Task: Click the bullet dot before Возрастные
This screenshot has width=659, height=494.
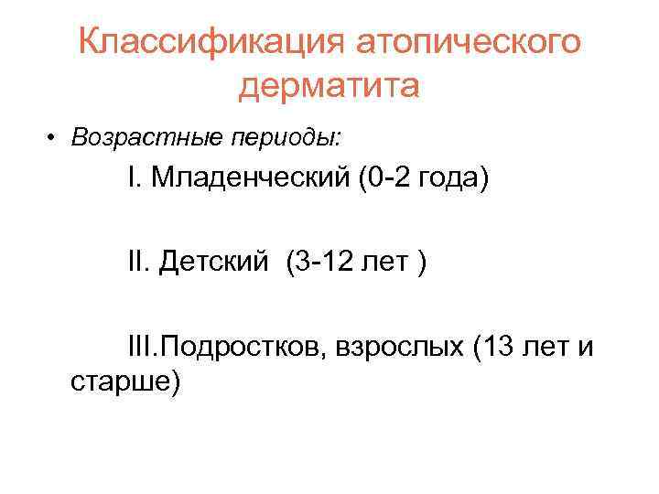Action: [55, 138]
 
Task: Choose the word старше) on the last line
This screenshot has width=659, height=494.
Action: [125, 381]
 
